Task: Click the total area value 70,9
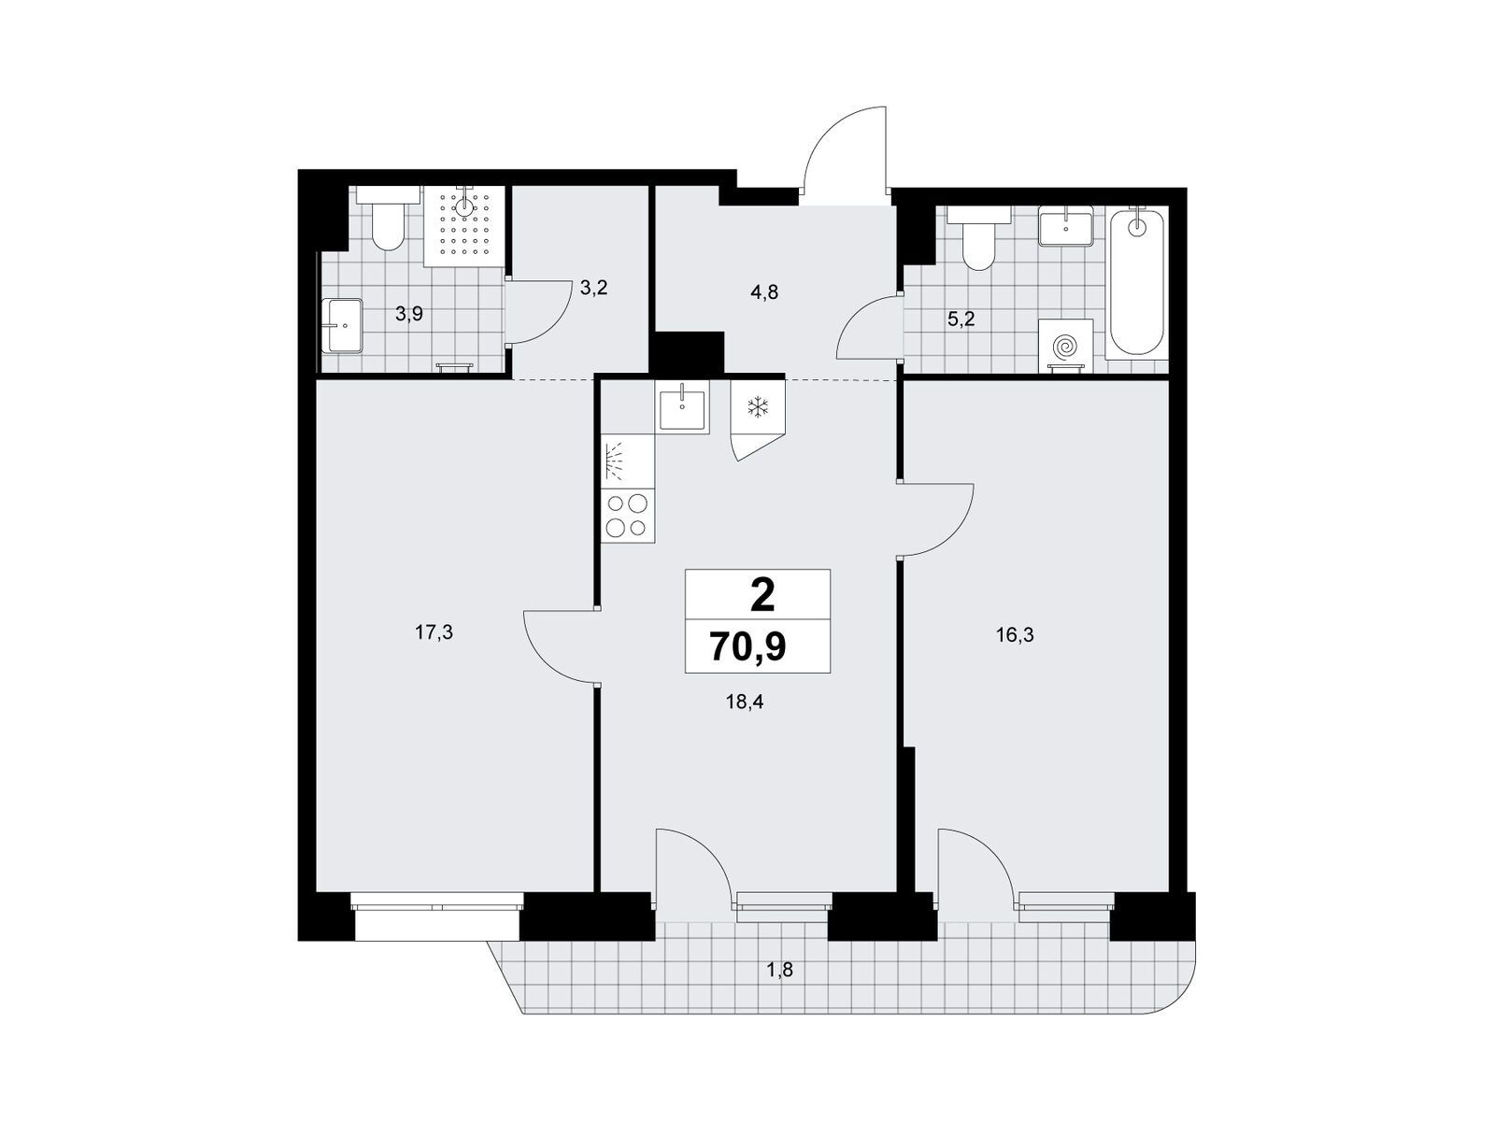click(x=747, y=646)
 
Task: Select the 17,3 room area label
click(x=434, y=633)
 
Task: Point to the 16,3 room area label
click(x=1015, y=636)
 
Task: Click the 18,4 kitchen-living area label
click(x=745, y=702)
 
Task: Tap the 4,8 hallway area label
click(x=764, y=292)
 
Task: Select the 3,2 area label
click(x=593, y=288)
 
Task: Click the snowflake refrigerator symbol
click(x=758, y=407)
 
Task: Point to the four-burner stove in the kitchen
click(x=627, y=517)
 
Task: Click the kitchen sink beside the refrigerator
click(x=682, y=405)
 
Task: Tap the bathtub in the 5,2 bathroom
click(x=1135, y=282)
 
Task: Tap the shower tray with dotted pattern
click(x=464, y=226)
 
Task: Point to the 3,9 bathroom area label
click(x=408, y=314)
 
